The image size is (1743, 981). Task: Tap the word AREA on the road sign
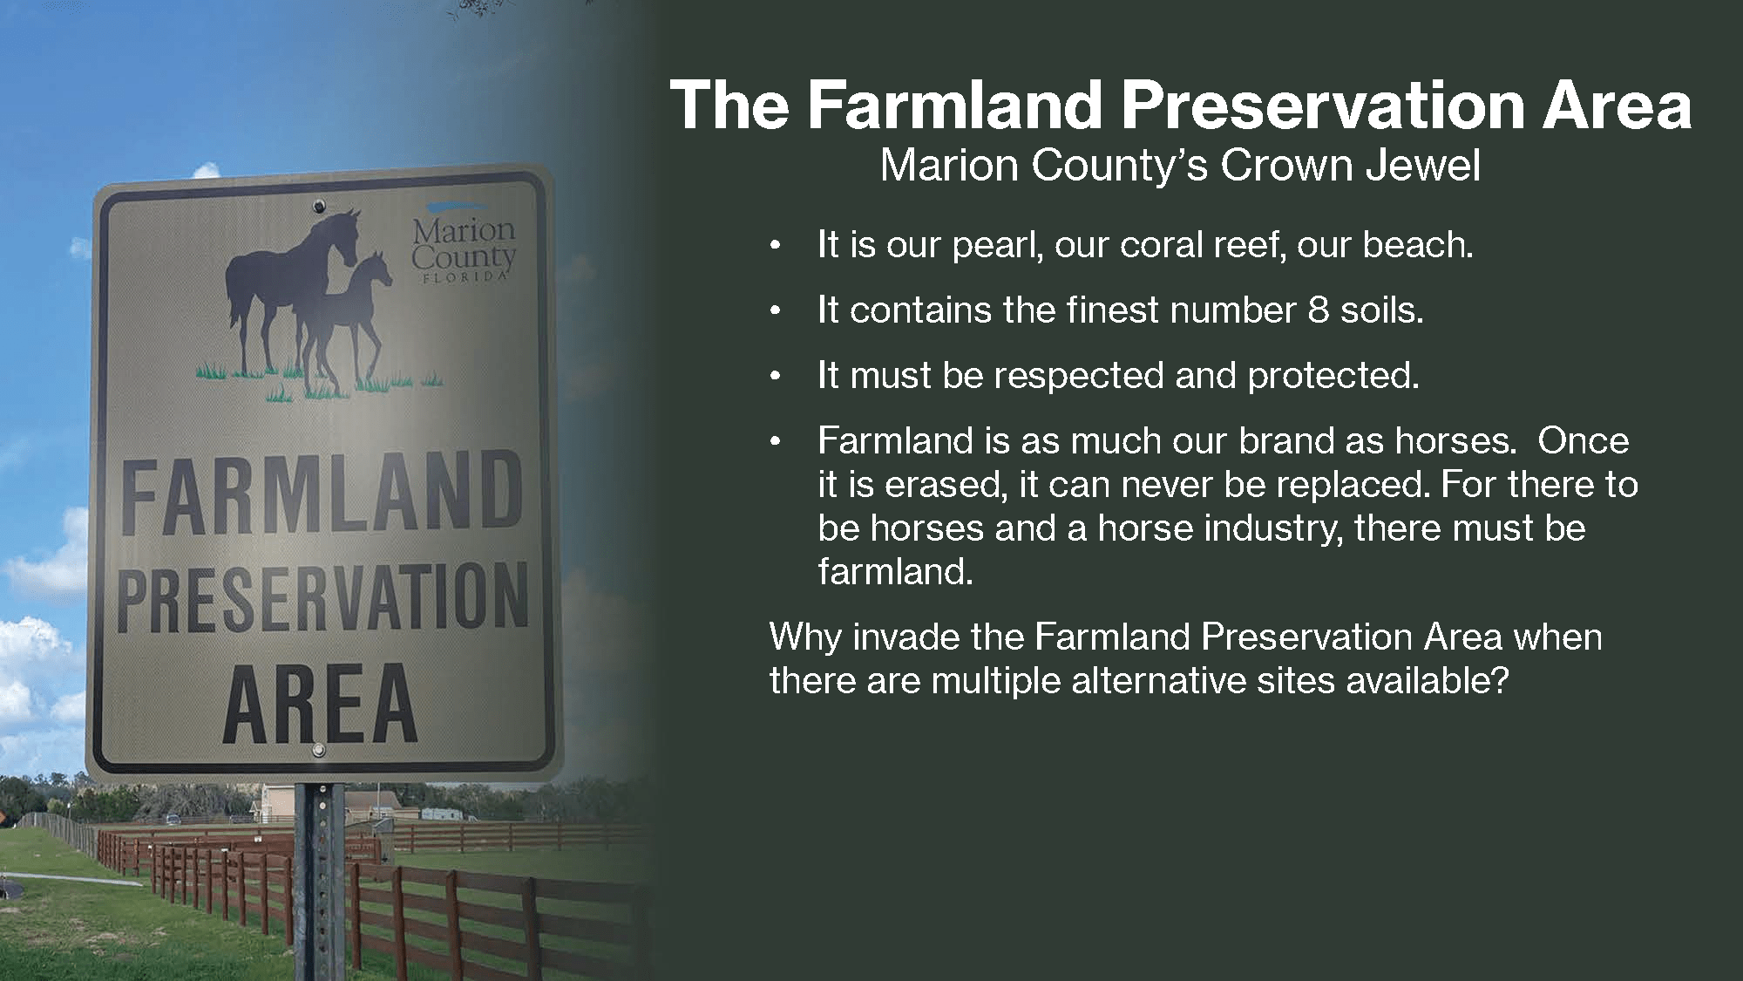point(321,704)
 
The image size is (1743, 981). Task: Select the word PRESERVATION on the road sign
point(322,597)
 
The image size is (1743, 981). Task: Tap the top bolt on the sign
point(320,207)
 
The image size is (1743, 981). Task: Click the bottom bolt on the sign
point(319,750)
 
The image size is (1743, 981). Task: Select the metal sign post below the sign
point(319,881)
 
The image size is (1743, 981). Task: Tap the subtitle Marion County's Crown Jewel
point(1180,166)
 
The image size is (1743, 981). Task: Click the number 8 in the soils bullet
point(1318,310)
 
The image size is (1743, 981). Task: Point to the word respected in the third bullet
point(1079,376)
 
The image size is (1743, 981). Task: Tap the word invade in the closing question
point(906,637)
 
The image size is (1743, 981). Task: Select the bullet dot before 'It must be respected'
point(772,378)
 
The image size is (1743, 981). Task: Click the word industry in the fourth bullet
point(1273,528)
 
